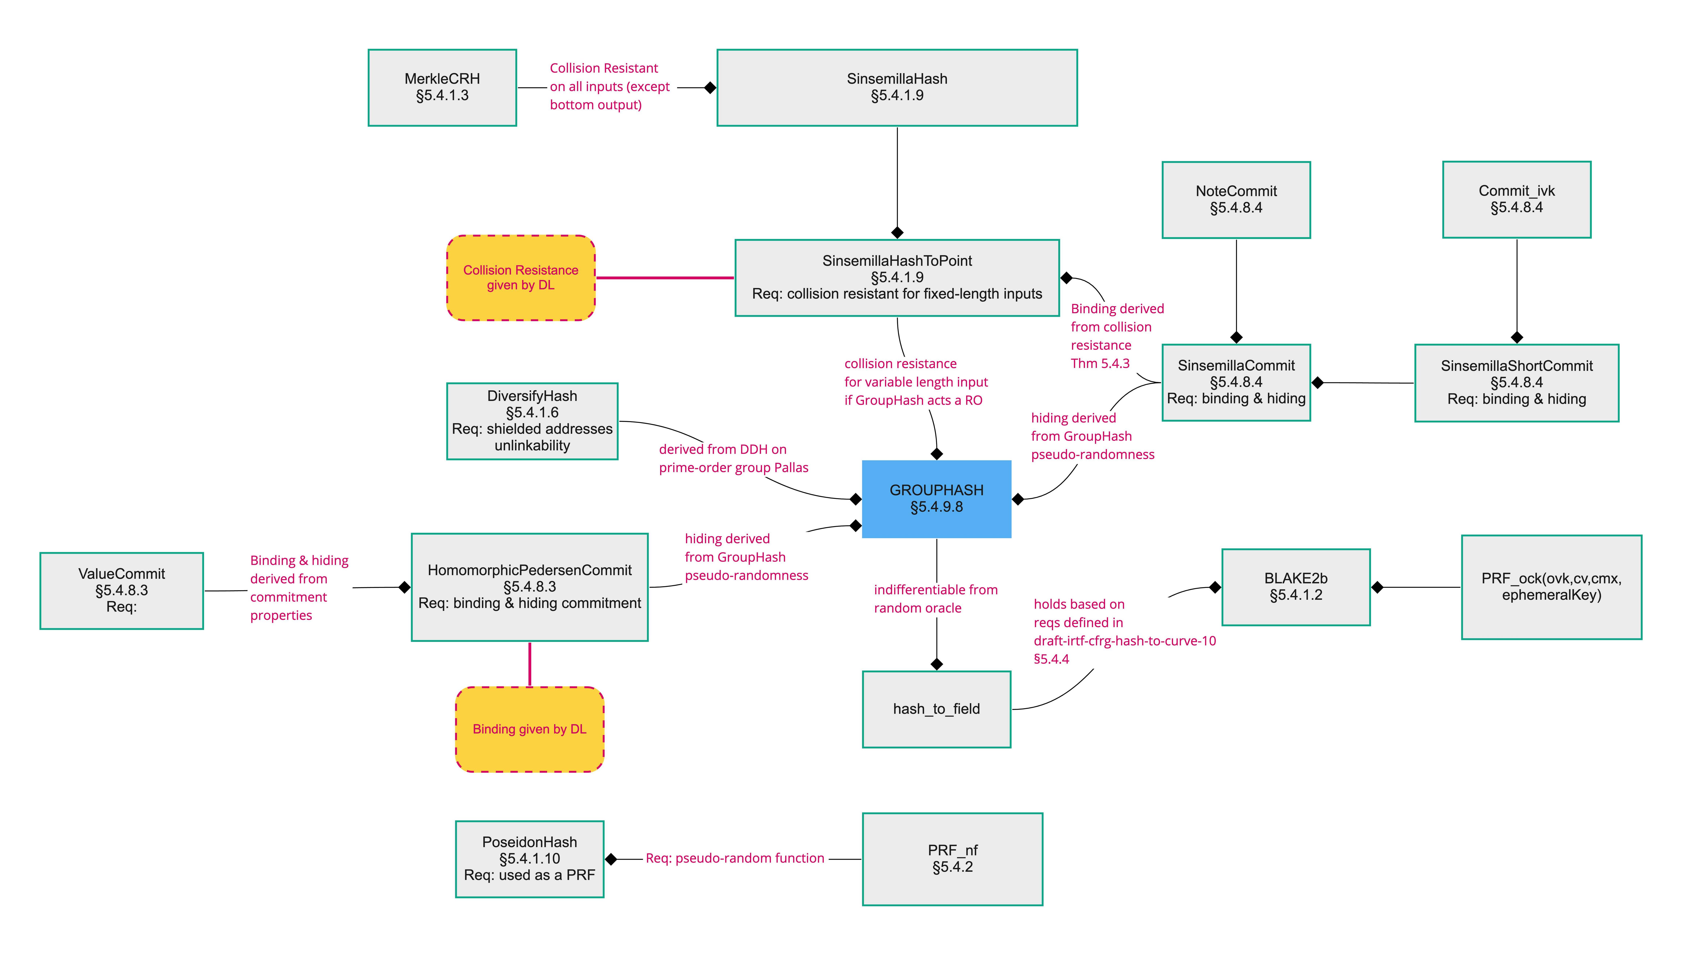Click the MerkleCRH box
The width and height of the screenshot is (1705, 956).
tap(442, 87)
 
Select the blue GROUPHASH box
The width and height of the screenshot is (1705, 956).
tap(937, 499)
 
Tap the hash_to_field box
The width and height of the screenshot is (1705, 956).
tap(937, 709)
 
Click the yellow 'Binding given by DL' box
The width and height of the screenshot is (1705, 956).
tap(529, 729)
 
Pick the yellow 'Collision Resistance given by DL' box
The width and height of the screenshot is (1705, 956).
tap(521, 277)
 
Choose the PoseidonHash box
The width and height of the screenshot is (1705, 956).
tap(529, 859)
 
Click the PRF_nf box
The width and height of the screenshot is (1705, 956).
tap(952, 859)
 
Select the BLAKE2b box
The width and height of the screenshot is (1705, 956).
tap(1296, 587)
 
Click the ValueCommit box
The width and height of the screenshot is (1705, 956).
tap(122, 591)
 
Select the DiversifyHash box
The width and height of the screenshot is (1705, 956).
tap(532, 421)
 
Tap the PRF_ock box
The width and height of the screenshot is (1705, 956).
tap(1551, 587)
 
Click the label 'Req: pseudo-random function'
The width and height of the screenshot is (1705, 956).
tap(735, 858)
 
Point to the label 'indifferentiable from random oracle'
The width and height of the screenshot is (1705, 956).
tap(935, 598)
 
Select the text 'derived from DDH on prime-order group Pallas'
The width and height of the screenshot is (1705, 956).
tap(733, 458)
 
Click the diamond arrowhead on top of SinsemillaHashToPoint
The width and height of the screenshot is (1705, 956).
tap(897, 232)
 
